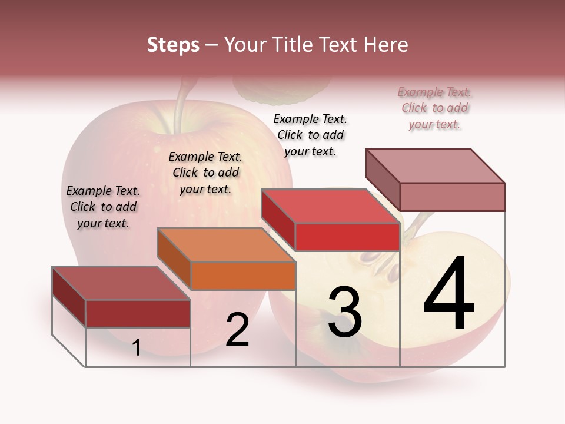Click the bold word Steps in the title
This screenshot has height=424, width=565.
[x=173, y=45]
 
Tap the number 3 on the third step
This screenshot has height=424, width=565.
[x=345, y=312]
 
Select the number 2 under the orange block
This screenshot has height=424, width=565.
[x=238, y=330]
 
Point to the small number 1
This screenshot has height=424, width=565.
[x=137, y=348]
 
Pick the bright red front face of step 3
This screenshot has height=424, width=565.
[x=347, y=237]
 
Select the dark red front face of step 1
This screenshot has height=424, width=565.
[x=138, y=313]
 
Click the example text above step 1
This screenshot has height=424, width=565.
[x=103, y=207]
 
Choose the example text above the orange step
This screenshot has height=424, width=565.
[x=205, y=173]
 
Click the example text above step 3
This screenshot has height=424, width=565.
[x=310, y=135]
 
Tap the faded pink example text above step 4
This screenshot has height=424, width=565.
[x=435, y=108]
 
